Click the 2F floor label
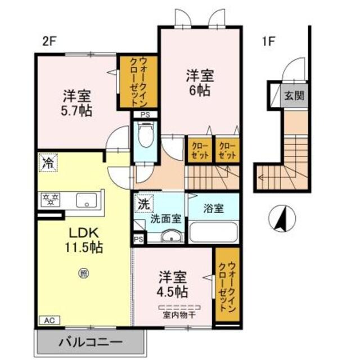(x=49, y=41)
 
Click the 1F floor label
(x=268, y=41)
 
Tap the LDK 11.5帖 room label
(x=85, y=240)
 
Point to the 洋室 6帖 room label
(x=199, y=83)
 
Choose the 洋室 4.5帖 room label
(x=173, y=285)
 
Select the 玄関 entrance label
(x=294, y=96)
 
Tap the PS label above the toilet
(x=145, y=115)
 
